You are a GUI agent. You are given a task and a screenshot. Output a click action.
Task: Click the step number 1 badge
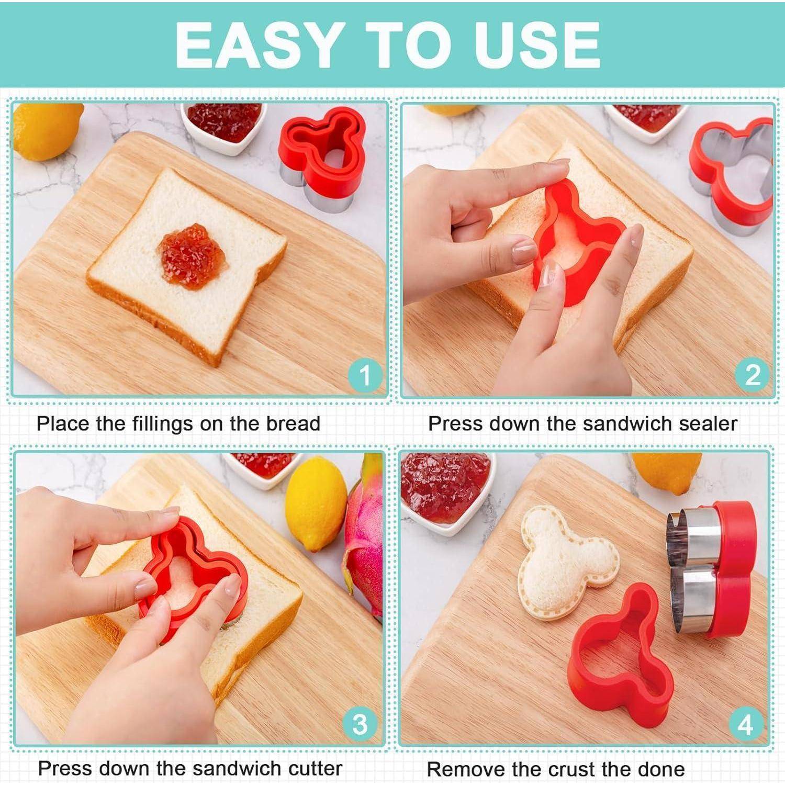[x=365, y=375]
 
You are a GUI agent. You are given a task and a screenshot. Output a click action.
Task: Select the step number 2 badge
[x=753, y=375]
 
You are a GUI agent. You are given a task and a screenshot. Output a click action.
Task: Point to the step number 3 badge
[x=360, y=725]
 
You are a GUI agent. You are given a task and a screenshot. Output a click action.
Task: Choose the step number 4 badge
[x=745, y=725]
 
